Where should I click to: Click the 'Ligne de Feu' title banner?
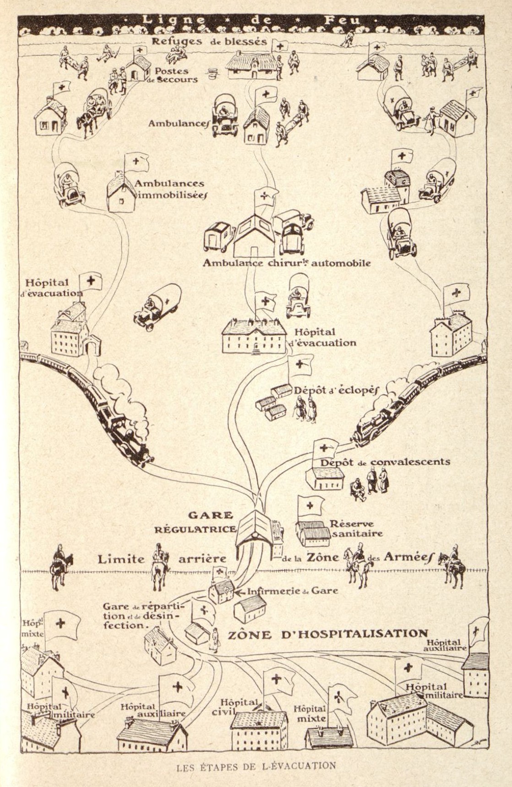[251, 20]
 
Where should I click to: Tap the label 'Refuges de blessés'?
[209, 41]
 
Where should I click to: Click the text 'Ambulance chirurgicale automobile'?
[287, 263]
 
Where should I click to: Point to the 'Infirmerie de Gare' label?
[292, 591]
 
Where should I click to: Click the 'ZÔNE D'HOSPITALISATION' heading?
[328, 634]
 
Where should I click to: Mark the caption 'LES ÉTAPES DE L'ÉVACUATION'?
[256, 765]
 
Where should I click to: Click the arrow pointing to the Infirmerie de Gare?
[240, 592]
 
